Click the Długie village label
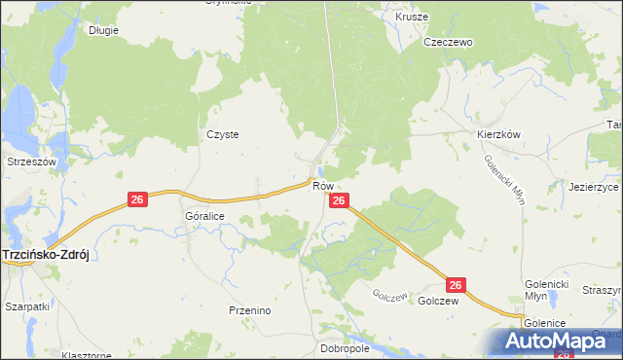[103, 30]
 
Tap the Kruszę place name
[412, 18]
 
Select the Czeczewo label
[447, 43]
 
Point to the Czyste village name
[223, 135]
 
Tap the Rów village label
[324, 185]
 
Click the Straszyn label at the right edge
[602, 290]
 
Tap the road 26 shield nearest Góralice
[137, 199]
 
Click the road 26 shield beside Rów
[338, 200]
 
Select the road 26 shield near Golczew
[457, 284]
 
